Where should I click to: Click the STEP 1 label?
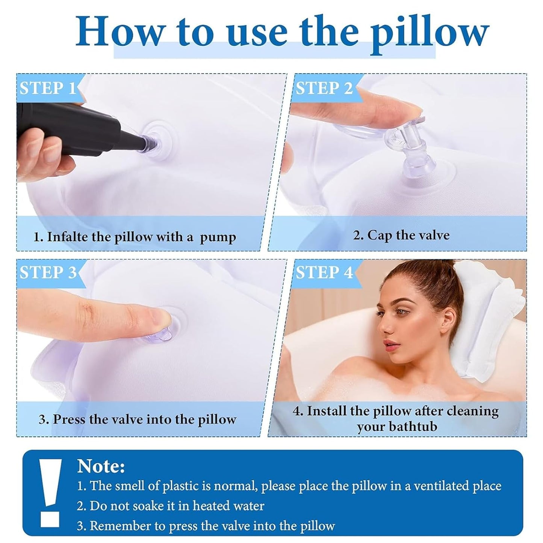pyautogui.click(x=47, y=88)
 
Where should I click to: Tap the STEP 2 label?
pyautogui.click(x=324, y=88)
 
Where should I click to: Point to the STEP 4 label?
pyautogui.click(x=324, y=272)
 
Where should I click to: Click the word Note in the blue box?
pyautogui.click(x=101, y=467)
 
